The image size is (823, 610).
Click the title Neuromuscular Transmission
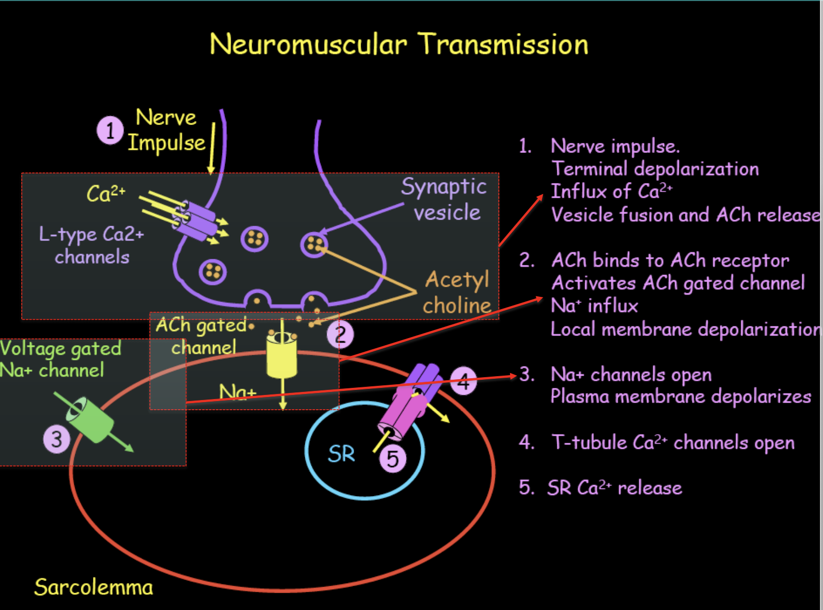[399, 44]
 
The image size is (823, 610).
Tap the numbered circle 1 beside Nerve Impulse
[110, 130]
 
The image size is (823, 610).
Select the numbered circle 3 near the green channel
[56, 439]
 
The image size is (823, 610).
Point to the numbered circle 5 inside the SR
[393, 459]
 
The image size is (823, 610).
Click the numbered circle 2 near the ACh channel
[340, 334]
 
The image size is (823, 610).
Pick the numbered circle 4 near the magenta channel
[463, 381]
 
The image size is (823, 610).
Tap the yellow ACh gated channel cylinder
[281, 356]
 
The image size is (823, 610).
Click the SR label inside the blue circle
[341, 454]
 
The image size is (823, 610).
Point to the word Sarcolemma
[93, 587]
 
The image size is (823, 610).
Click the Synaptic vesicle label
[445, 199]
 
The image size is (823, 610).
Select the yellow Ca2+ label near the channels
[106, 194]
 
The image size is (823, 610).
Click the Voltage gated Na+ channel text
[60, 359]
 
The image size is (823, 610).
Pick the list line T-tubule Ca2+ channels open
[673, 442]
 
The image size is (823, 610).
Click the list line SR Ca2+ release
[614, 488]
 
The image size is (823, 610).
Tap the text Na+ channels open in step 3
[631, 375]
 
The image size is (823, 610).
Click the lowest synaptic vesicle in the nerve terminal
[212, 272]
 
